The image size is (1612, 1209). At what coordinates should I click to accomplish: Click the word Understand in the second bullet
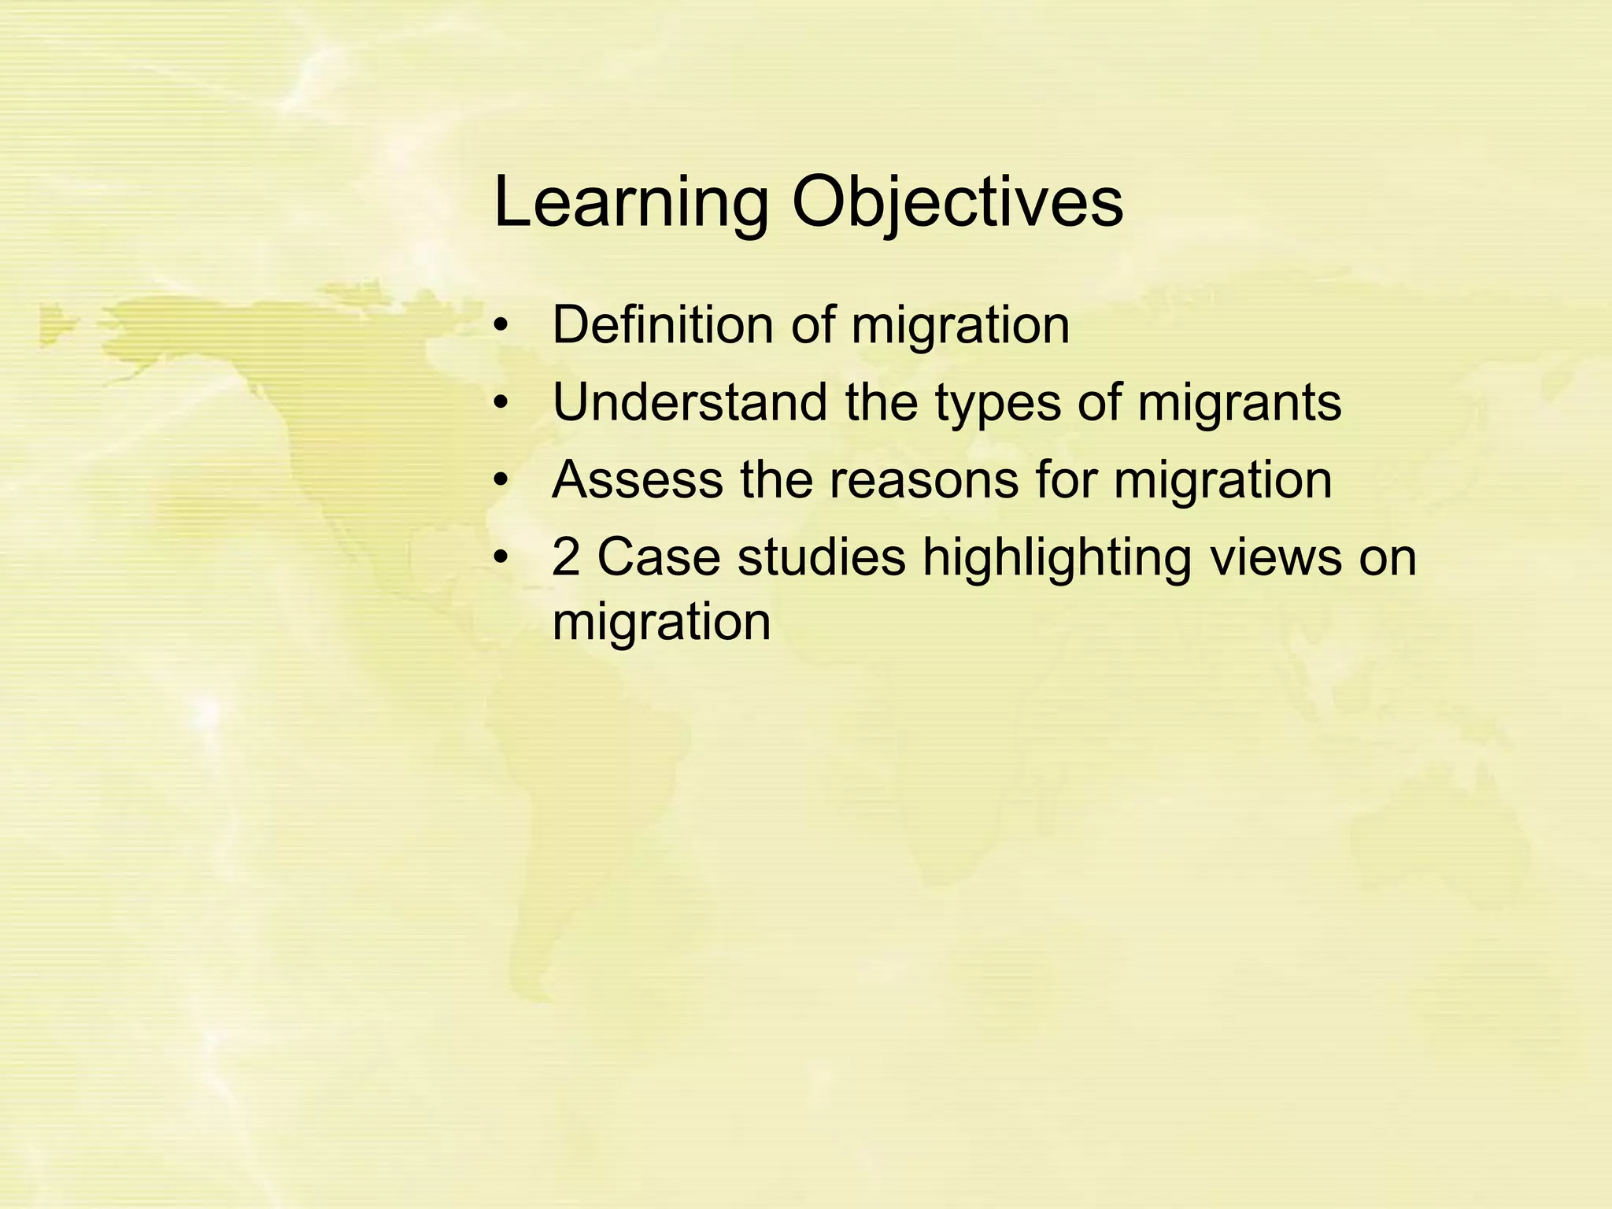coord(690,402)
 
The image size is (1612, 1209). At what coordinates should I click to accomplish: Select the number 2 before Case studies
coord(566,557)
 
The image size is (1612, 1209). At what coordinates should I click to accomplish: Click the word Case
coord(659,557)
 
